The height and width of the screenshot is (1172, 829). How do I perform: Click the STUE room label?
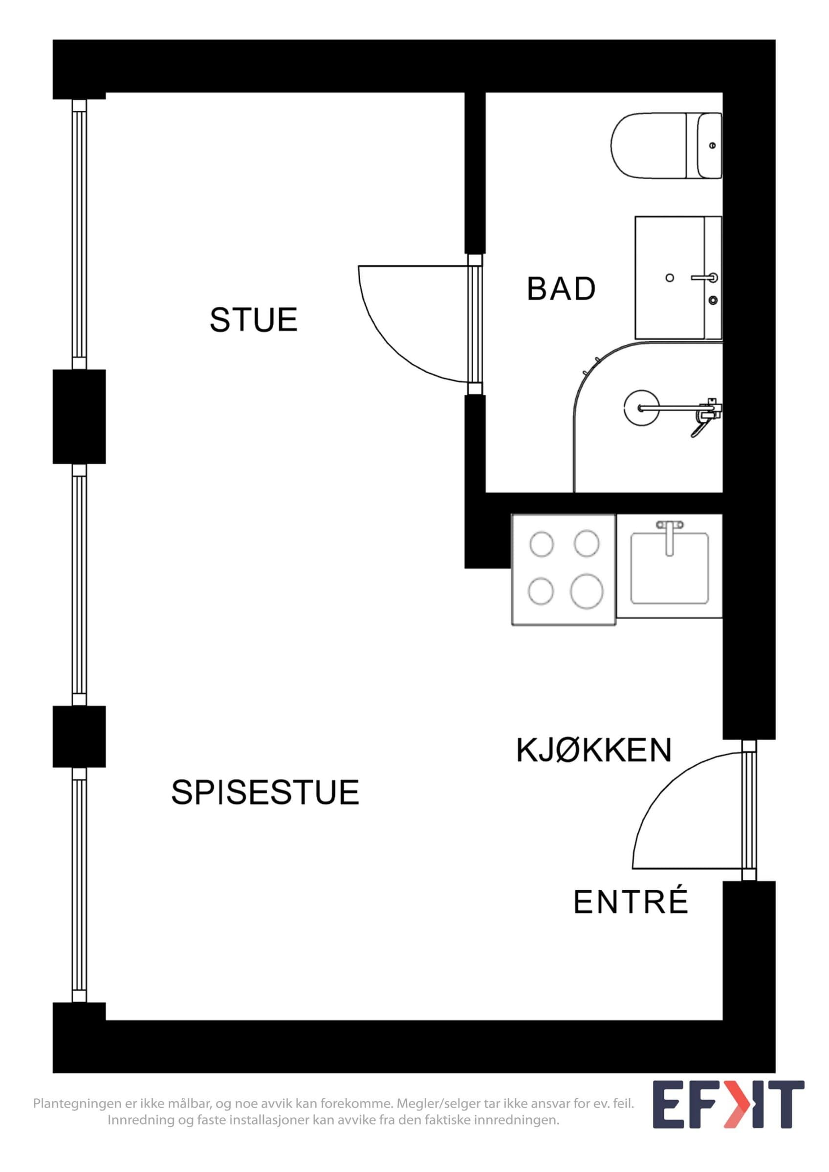pyautogui.click(x=253, y=320)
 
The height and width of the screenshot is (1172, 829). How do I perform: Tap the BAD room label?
pyautogui.click(x=561, y=289)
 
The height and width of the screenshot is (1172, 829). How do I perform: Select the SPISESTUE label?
pyautogui.click(x=265, y=792)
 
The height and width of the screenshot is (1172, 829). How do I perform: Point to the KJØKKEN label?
pyautogui.click(x=593, y=751)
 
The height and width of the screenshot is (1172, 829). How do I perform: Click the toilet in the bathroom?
pyautogui.click(x=667, y=146)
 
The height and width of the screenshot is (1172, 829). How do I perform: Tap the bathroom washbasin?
pyautogui.click(x=678, y=278)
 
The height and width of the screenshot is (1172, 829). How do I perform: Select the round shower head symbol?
pyautogui.click(x=641, y=407)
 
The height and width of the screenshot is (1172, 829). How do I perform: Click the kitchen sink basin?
pyautogui.click(x=669, y=568)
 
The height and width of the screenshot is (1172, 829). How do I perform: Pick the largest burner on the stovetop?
pyautogui.click(x=587, y=591)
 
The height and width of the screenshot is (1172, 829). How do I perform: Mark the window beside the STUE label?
pyautogui.click(x=79, y=234)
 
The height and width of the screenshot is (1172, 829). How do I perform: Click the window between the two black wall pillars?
pyautogui.click(x=79, y=585)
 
